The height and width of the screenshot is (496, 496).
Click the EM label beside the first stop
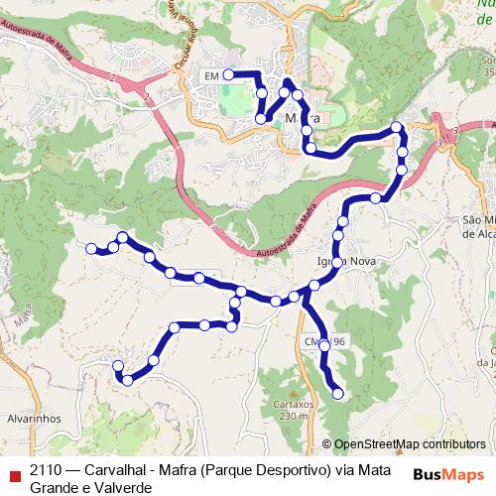pyautogui.click(x=209, y=75)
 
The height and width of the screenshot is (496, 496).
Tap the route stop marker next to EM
pyautogui.click(x=228, y=74)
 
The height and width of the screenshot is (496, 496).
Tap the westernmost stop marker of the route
pyautogui.click(x=91, y=248)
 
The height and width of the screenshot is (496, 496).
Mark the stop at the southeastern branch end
pyautogui.click(x=338, y=394)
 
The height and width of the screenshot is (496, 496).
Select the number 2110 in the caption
pyautogui.click(x=47, y=469)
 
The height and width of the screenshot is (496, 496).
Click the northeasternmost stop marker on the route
pyautogui.click(x=397, y=127)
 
